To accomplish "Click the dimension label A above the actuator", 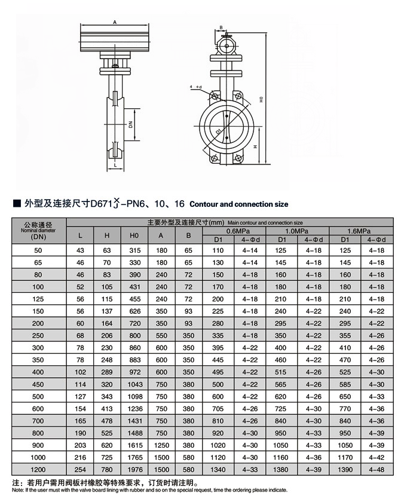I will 114,22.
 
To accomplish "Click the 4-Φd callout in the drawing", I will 197,87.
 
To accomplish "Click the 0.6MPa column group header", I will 235,230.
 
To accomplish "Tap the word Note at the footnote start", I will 19,489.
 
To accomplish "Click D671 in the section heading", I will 102,204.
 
